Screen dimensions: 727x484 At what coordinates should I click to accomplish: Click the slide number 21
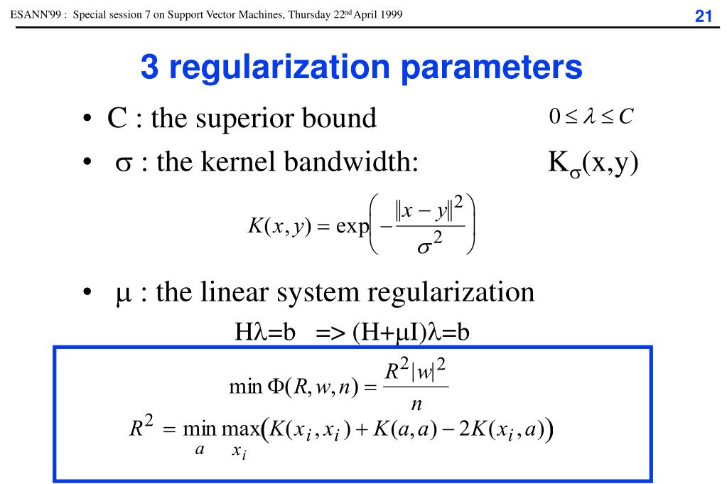point(703,16)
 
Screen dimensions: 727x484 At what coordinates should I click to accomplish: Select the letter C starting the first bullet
point(117,118)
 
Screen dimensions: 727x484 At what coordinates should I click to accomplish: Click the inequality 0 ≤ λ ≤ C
point(589,116)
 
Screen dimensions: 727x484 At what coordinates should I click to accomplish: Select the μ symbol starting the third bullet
point(123,294)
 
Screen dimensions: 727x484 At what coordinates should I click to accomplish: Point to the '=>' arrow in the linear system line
point(330,333)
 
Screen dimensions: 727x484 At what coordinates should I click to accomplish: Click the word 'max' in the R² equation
point(241,429)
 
